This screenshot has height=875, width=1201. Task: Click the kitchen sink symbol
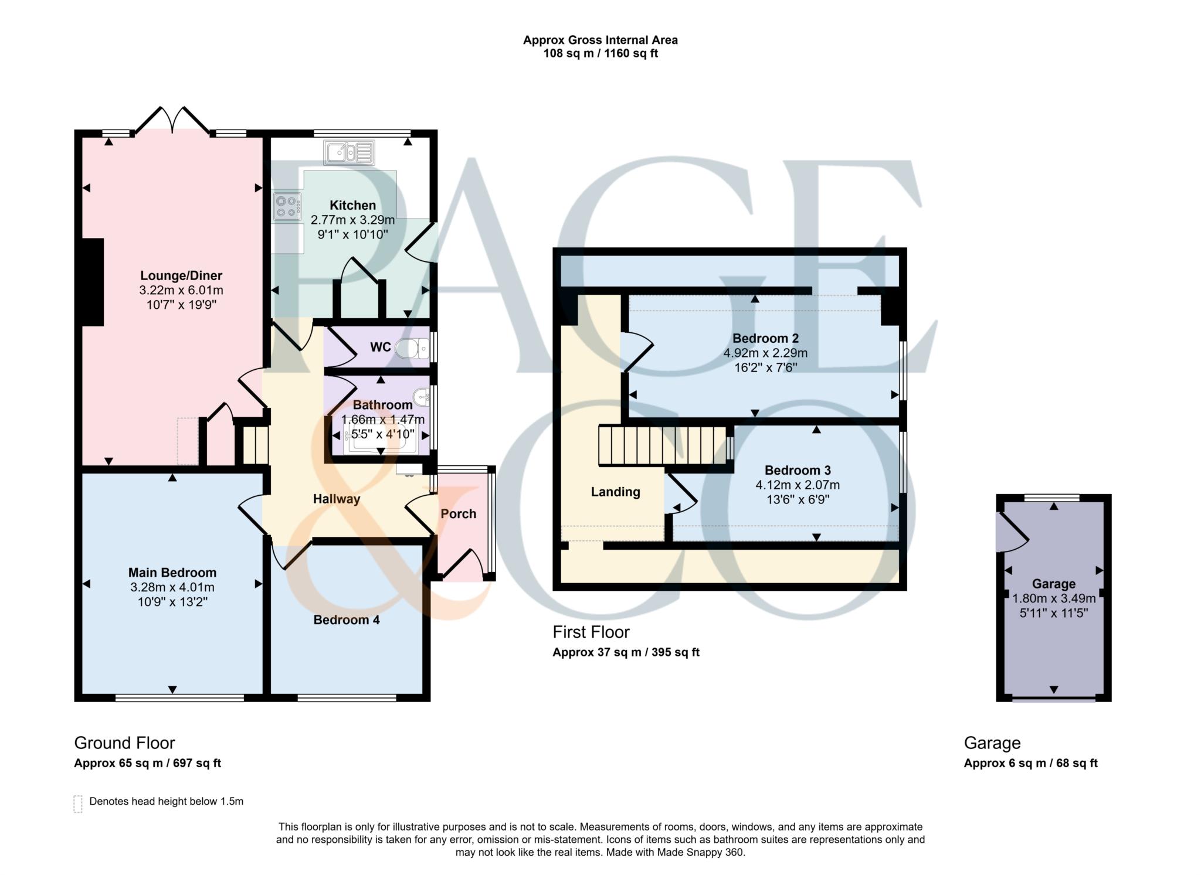pos(349,153)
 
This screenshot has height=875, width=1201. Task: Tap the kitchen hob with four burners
pos(287,206)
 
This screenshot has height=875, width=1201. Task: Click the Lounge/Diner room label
pos(181,275)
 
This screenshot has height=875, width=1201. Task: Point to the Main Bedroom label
pos(172,573)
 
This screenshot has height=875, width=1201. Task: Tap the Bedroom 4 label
pos(347,620)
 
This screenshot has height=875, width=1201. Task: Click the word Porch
pos(459,514)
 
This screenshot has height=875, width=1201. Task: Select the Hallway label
pos(337,499)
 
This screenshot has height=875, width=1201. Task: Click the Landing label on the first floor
pos(615,492)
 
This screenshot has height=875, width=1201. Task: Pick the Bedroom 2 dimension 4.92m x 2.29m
pos(765,353)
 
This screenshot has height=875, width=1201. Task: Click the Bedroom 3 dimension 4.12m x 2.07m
pos(798,485)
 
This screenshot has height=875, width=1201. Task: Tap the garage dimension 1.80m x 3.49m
pos(1054,599)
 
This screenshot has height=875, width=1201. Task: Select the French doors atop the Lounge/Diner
pos(172,121)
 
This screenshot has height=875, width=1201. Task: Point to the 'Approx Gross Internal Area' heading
pos(600,40)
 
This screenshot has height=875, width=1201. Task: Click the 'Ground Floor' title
pos(124,743)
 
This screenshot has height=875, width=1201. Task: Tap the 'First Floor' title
pos(591,632)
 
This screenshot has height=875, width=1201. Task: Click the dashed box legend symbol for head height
pos(78,803)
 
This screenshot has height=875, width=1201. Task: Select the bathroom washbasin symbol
pos(422,399)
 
